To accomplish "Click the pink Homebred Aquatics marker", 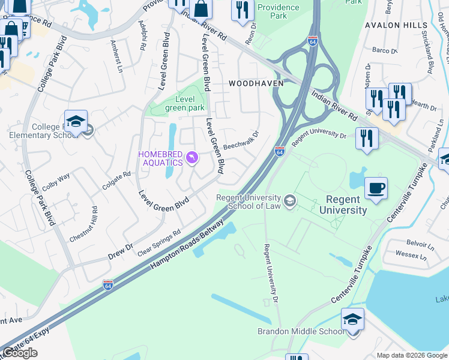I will click(192, 158).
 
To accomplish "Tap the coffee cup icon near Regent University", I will click(376, 188).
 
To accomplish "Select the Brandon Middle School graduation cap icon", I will click(353, 319).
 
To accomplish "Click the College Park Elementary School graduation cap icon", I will click(76, 121).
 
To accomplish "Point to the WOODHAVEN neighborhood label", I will click(251, 83).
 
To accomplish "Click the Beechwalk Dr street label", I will click(241, 142).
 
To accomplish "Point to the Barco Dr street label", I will click(385, 50).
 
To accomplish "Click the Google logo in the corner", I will click(20, 353).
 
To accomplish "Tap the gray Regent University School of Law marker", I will click(290, 200).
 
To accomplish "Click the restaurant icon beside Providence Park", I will click(242, 10).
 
